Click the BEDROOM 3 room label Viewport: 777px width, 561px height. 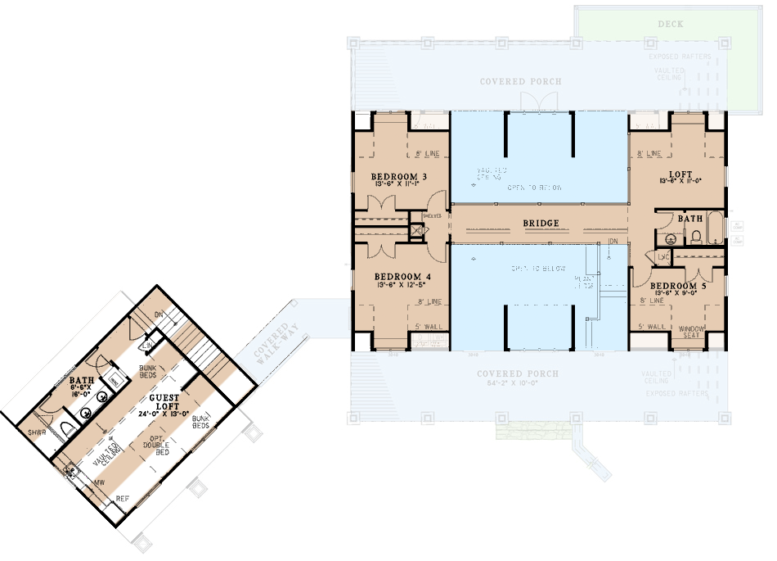tap(398, 177)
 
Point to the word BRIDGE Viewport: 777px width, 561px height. tap(541, 223)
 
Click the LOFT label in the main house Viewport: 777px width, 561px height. tap(680, 174)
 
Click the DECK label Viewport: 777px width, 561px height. tap(671, 25)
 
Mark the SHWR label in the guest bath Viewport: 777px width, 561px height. tap(37, 432)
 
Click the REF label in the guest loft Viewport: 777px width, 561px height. tap(122, 497)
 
